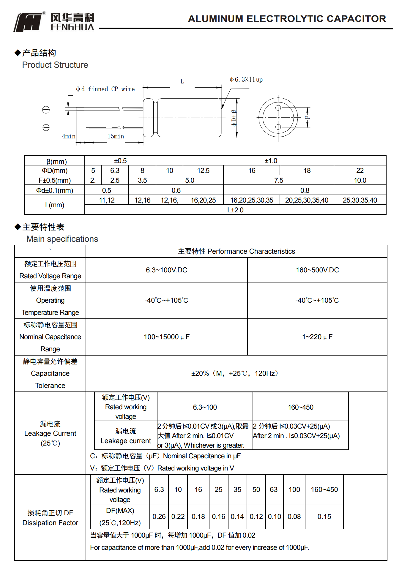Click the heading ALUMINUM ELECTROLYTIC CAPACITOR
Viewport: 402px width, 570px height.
[x=287, y=19]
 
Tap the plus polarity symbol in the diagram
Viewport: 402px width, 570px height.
[x=46, y=110]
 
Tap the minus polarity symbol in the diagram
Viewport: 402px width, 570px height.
[x=46, y=128]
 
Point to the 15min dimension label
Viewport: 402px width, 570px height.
[x=116, y=136]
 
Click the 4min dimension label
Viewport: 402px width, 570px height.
[x=69, y=136]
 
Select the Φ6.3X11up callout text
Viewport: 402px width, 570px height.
[x=246, y=80]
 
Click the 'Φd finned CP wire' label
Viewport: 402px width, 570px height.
[x=105, y=89]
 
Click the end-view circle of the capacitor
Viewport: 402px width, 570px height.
[x=278, y=118]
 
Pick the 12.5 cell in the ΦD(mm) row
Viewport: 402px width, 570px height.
[x=203, y=170]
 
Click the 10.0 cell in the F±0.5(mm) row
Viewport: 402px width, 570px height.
[x=360, y=180]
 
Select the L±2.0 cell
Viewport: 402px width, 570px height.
[x=235, y=210]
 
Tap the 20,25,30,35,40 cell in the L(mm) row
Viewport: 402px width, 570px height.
[x=307, y=200]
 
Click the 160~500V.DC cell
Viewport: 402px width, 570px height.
[x=317, y=270]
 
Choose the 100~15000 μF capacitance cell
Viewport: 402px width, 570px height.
[x=167, y=337]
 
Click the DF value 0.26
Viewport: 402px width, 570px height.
[x=159, y=517]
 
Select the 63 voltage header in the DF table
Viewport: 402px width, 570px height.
[x=274, y=490]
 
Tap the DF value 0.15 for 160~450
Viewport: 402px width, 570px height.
[x=324, y=517]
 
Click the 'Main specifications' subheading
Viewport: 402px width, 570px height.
[x=62, y=239]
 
